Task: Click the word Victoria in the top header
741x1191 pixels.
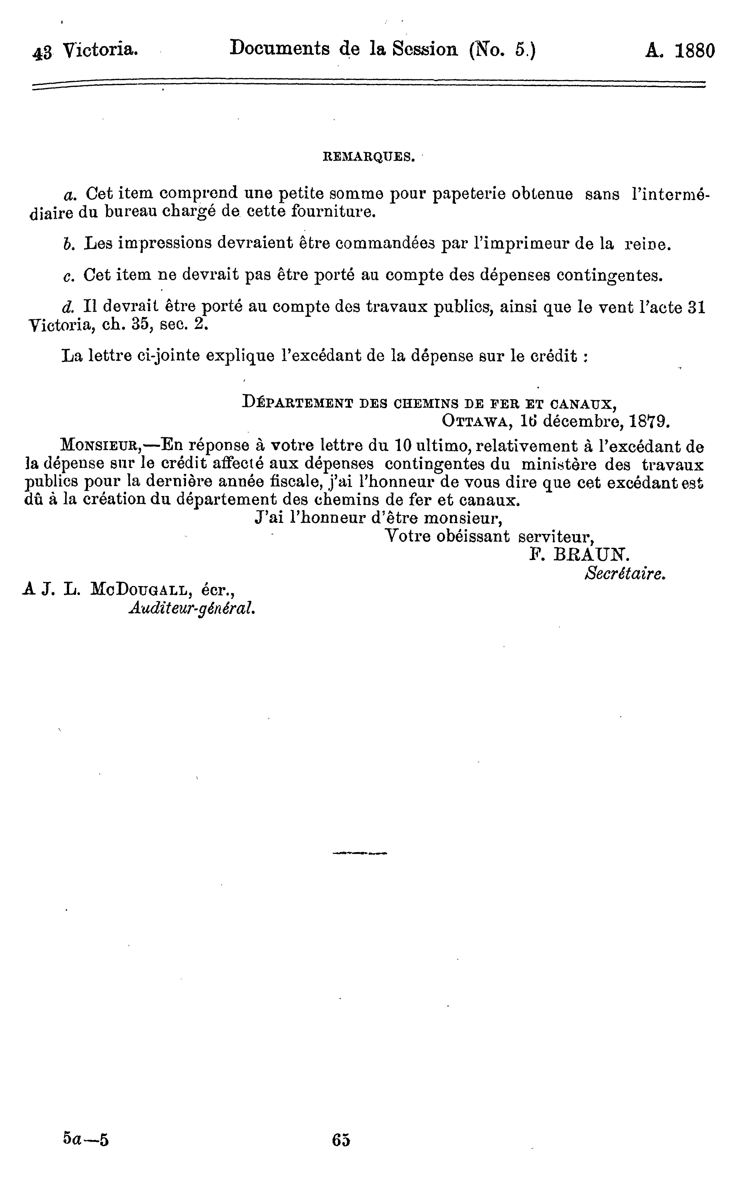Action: coord(101,50)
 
